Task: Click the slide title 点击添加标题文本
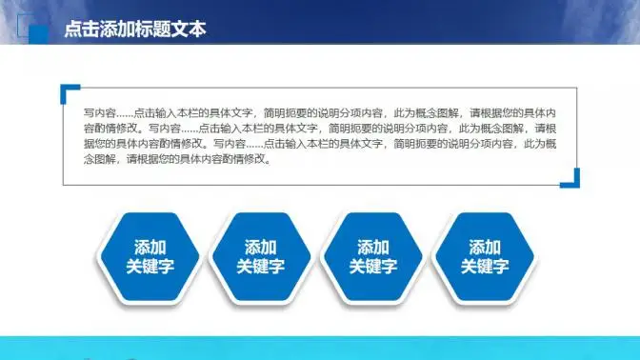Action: point(134,30)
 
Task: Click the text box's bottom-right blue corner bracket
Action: point(572,178)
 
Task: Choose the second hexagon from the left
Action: point(261,257)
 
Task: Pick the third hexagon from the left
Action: point(372,257)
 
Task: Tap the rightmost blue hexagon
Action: point(485,257)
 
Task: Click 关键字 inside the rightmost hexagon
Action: point(485,268)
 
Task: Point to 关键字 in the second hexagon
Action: point(261,268)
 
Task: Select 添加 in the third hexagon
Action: point(372,247)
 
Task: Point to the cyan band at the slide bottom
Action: point(320,348)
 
